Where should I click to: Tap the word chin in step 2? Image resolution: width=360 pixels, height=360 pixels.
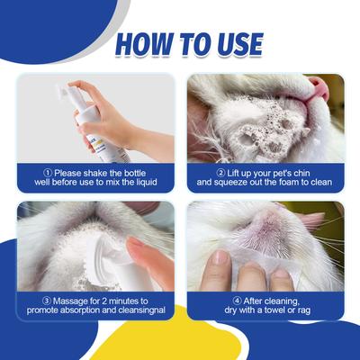click(320, 172)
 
